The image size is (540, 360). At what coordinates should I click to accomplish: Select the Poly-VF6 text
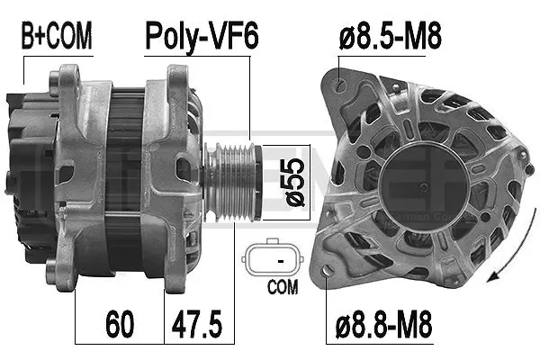[x=202, y=37]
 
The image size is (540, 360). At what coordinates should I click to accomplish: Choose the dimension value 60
[x=120, y=321]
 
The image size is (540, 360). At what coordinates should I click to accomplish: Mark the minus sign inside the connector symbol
[x=282, y=260]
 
